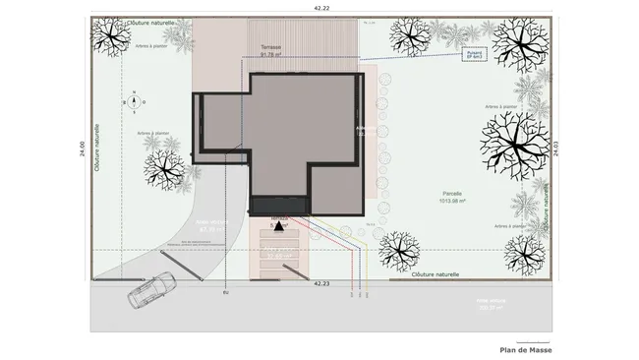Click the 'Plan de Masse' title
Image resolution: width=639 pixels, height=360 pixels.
point(526,350)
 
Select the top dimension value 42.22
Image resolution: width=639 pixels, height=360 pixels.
point(320,8)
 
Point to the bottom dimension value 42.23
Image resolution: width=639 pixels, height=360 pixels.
point(321,283)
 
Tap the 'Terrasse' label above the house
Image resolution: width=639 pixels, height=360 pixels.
point(271,47)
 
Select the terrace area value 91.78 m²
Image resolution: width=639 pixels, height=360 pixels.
point(271,55)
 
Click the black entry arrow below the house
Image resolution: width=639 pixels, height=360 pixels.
point(278,225)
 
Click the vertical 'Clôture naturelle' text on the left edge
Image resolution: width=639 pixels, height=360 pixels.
point(97,149)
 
